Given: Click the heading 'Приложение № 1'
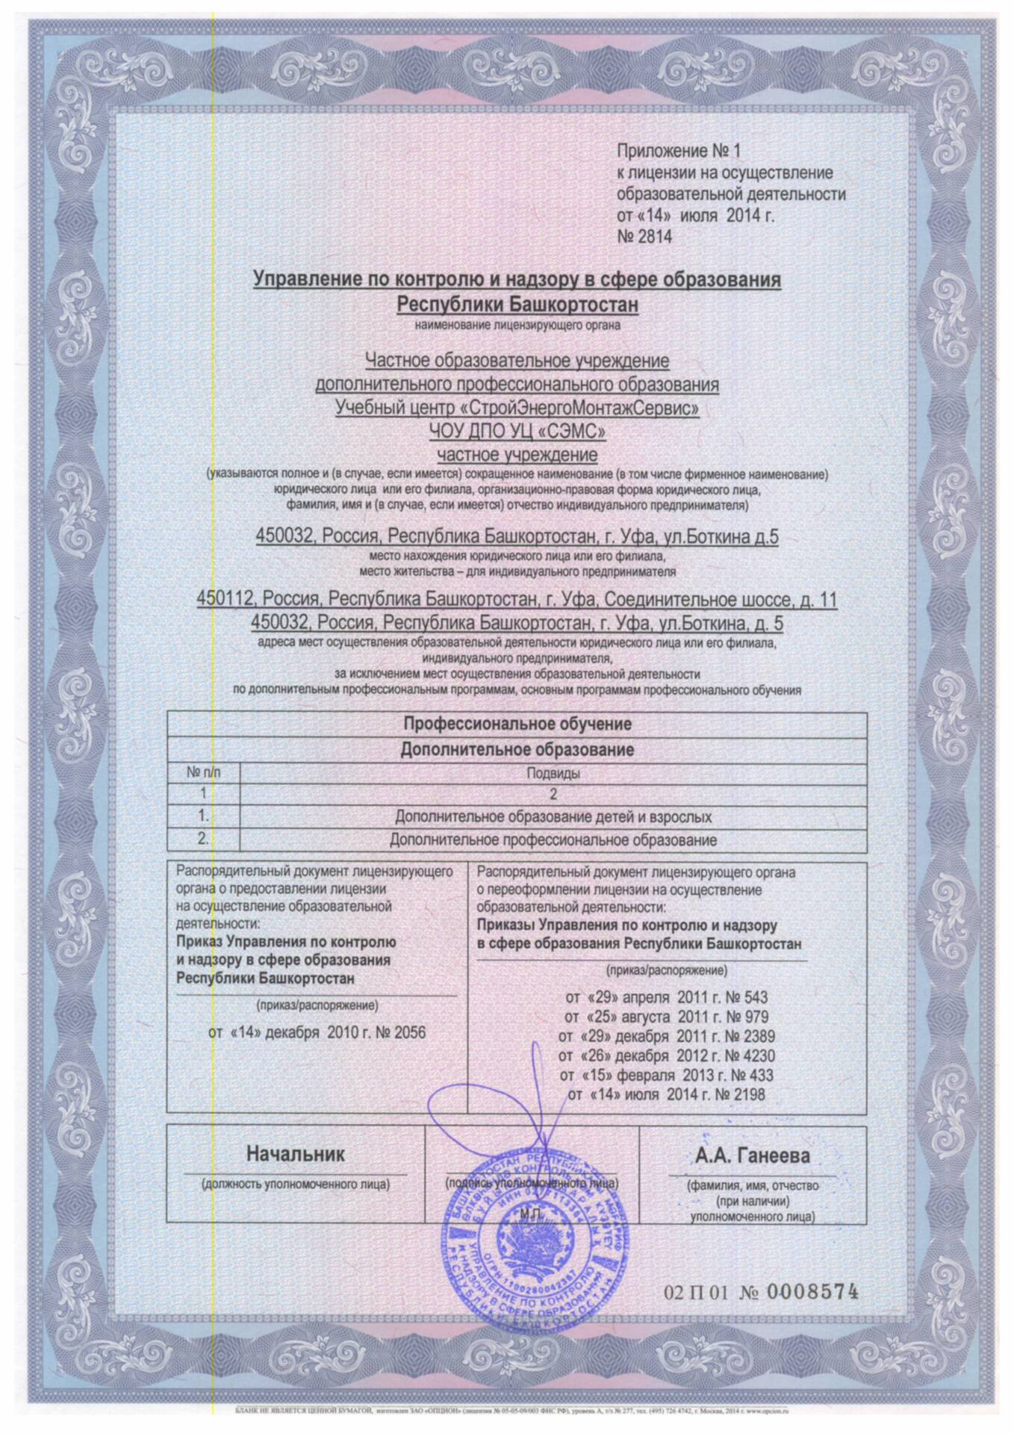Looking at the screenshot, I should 677,152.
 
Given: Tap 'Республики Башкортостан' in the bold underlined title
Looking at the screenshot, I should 517,305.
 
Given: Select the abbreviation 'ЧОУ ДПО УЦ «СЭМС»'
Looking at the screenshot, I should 517,431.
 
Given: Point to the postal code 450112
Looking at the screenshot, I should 225,600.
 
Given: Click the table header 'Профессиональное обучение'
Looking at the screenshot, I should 517,724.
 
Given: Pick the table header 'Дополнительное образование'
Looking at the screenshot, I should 517,749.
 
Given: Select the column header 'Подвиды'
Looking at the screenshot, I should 553,774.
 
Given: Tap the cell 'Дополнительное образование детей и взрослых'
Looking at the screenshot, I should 553,816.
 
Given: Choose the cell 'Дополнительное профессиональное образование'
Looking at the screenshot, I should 553,840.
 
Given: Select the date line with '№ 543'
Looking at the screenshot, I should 666,998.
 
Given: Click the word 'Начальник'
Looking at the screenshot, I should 296,1154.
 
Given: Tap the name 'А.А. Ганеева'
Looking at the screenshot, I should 753,1156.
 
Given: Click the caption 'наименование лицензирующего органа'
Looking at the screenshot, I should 517,326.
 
